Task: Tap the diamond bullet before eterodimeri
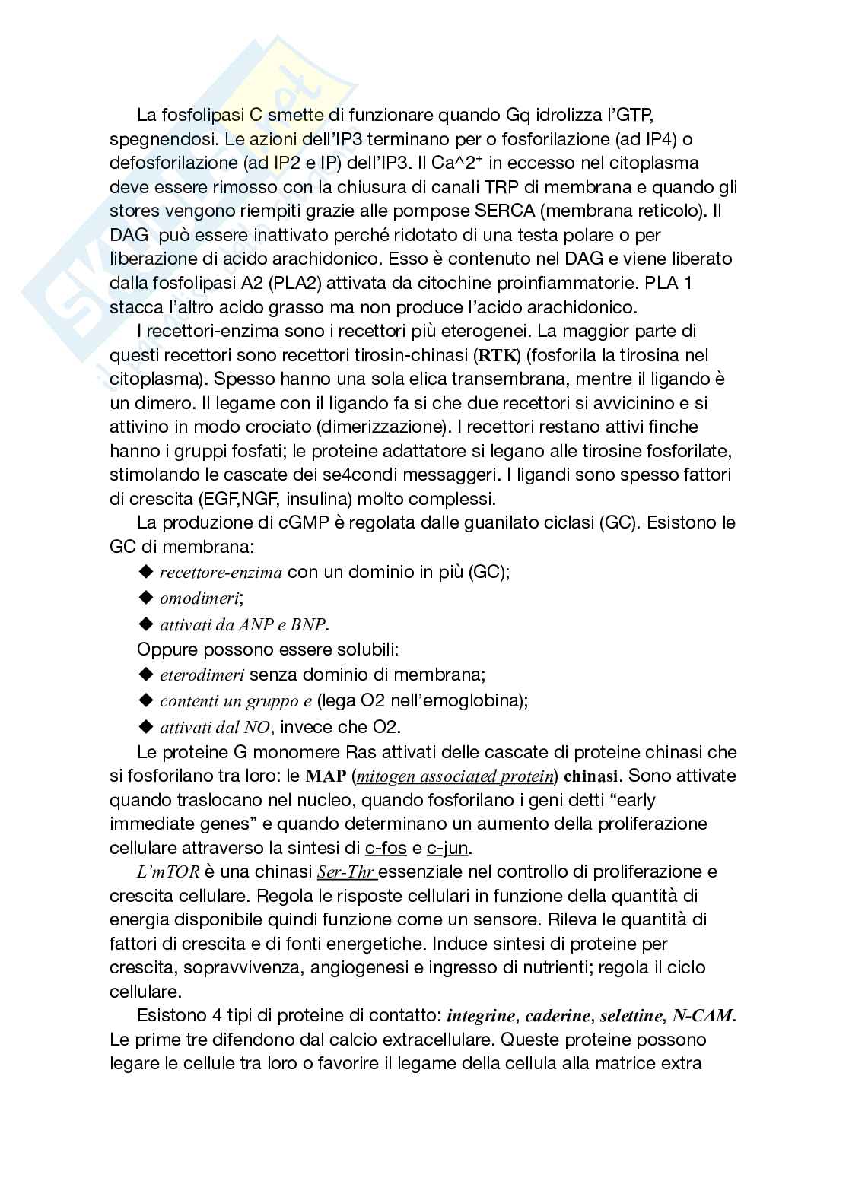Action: click(146, 675)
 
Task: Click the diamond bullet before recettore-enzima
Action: click(146, 572)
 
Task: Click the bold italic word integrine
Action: click(482, 1015)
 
